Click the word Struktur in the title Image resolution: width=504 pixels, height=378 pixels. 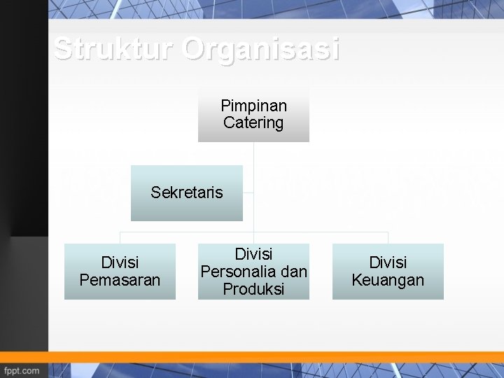click(113, 50)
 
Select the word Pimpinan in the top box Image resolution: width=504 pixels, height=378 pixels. click(253, 106)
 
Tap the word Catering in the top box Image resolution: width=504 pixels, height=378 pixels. click(253, 123)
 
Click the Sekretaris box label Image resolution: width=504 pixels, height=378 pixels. click(187, 192)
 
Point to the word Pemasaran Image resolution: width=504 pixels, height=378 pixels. click(120, 280)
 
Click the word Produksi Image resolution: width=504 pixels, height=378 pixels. click(253, 289)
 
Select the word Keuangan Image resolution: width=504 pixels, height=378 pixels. click(388, 280)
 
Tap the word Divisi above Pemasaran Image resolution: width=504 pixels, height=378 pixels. click(120, 262)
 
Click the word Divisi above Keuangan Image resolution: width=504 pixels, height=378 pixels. click(388, 262)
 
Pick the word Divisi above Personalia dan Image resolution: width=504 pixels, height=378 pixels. click(253, 254)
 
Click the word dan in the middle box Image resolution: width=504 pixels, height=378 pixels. click(295, 272)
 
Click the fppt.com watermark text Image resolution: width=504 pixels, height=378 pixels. click(22, 370)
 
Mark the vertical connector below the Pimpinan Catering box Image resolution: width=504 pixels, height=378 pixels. click(253, 154)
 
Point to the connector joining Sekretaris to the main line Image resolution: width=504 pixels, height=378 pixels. click(248, 193)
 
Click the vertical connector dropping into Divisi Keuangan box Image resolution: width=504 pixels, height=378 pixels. click(388, 238)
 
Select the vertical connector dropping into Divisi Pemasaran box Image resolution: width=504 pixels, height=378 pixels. click(120, 238)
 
